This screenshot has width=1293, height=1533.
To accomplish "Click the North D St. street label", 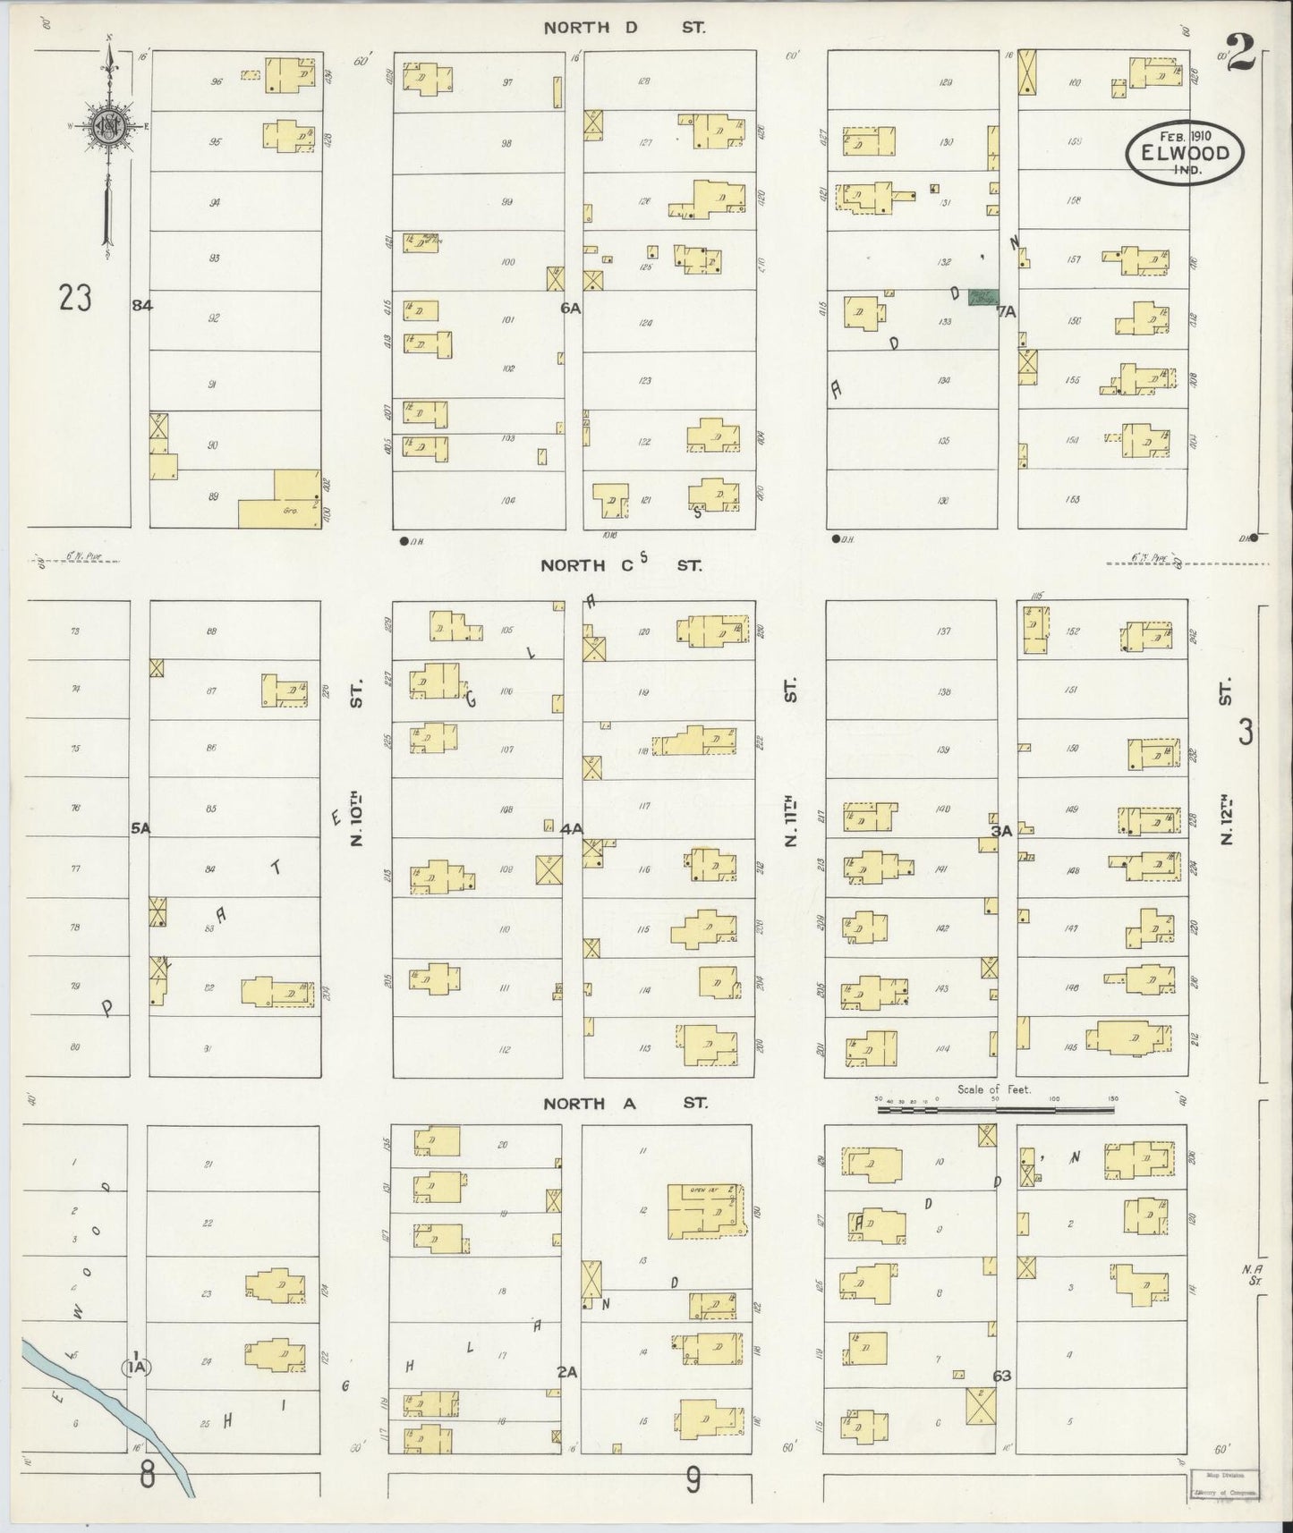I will pos(625,28).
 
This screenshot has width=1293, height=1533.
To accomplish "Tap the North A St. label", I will pos(625,1104).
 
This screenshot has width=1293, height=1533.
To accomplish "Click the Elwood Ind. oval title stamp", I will pos(1184,153).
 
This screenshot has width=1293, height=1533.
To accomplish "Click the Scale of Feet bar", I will pos(995,1109).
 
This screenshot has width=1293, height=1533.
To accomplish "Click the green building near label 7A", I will pos(983,297).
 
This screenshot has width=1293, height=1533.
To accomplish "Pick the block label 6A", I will pos(571,308).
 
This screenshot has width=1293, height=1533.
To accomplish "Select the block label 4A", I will pos(571,829).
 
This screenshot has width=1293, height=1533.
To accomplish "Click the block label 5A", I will pos(140,829).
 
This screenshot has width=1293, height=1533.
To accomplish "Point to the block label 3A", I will pos(1000,831).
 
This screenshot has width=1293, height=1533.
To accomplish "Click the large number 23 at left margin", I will pos(75,298).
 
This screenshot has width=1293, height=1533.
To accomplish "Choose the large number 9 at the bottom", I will pos(693,1482).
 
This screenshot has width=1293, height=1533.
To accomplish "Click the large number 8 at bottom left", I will pos(148,1475).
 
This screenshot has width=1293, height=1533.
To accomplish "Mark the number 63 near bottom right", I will pos(1001,1375).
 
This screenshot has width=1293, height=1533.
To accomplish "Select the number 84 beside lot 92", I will pos(141,305).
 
